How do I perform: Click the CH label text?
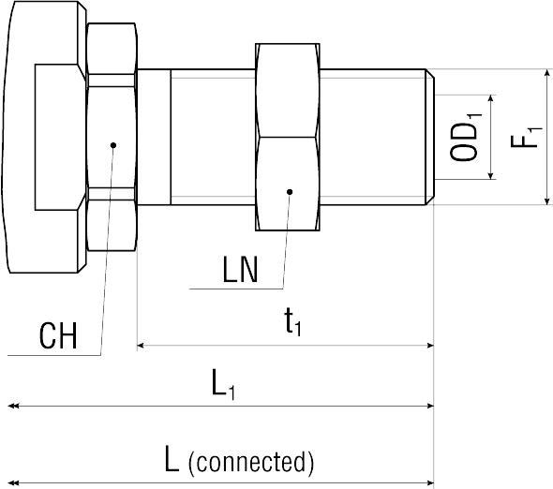[x=58, y=335]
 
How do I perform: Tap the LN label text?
[x=241, y=270]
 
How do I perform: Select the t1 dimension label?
[x=292, y=321]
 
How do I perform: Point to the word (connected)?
[x=251, y=462]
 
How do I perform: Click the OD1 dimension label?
[x=465, y=138]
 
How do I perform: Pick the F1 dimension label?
[x=526, y=137]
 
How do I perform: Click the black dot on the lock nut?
[x=290, y=192]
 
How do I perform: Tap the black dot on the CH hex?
[x=113, y=145]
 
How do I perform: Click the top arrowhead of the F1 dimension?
[x=547, y=73]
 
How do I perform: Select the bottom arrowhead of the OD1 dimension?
[x=490, y=175]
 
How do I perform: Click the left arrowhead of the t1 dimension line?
[x=141, y=346]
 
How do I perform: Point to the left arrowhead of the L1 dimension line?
[x=13, y=407]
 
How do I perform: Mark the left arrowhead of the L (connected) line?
[x=13, y=482]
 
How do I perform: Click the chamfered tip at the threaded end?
[x=430, y=137]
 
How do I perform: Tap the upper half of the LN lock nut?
[x=288, y=90]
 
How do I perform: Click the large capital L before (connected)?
[x=172, y=459]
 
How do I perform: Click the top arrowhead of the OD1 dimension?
[x=490, y=99]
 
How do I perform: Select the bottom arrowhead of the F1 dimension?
[x=547, y=200]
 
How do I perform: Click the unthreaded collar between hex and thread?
[x=154, y=137]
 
